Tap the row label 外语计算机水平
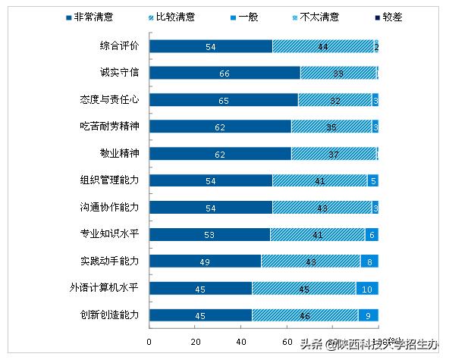coord(110,288)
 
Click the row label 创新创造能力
coord(110,315)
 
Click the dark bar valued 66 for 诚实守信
coord(224,73)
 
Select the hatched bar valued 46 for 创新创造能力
coord(305,315)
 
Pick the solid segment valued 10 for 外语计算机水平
coord(367,288)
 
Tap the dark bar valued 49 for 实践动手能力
coord(206,261)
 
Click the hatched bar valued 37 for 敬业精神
coord(334,153)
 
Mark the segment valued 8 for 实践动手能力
coord(369,261)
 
